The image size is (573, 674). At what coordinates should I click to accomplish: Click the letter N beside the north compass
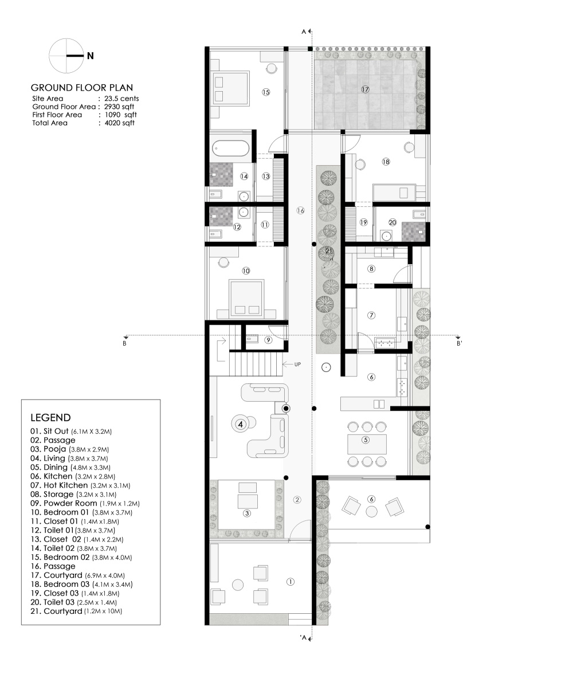[91, 56]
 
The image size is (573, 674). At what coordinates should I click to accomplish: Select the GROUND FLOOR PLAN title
[82, 88]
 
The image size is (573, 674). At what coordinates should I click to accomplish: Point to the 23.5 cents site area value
[121, 99]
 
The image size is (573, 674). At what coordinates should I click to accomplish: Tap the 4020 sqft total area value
[120, 123]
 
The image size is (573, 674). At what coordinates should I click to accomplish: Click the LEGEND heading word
[50, 418]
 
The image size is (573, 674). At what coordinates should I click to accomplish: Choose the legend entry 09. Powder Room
[64, 503]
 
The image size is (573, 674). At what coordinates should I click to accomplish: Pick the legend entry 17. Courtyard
[56, 575]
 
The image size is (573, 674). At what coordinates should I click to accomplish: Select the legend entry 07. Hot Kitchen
[59, 485]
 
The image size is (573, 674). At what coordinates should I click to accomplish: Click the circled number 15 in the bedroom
[266, 92]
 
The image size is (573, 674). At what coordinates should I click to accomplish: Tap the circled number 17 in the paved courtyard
[365, 89]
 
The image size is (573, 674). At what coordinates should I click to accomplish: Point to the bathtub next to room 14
[231, 149]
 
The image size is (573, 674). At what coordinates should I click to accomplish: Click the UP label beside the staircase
[297, 365]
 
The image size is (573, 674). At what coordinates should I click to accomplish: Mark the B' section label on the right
[460, 343]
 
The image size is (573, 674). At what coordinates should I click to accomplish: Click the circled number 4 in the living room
[240, 424]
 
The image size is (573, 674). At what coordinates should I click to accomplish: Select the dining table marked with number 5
[367, 444]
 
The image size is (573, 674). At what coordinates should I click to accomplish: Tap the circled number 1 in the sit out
[290, 582]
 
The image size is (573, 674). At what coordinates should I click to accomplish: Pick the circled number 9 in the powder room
[268, 340]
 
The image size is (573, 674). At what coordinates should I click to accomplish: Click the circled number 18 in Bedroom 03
[386, 162]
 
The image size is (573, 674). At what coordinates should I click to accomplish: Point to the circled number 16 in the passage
[300, 211]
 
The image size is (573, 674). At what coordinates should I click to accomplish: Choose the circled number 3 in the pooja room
[247, 514]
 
